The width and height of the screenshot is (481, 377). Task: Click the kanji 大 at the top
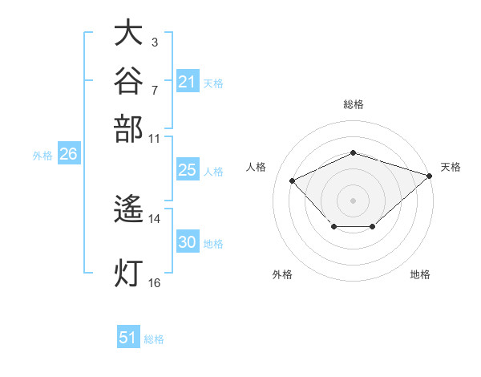click(128, 32)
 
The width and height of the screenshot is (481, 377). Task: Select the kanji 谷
click(128, 80)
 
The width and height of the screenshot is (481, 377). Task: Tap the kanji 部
click(128, 129)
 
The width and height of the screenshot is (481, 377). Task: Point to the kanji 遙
click(128, 209)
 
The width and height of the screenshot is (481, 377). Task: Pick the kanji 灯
click(128, 273)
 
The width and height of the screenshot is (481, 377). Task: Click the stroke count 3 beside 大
click(155, 42)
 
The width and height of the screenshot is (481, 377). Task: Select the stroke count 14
click(154, 219)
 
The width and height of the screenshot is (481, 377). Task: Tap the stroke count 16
click(154, 283)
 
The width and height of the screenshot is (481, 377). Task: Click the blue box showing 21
click(188, 81)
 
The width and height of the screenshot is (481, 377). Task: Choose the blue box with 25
click(188, 169)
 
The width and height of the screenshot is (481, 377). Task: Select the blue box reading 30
click(188, 241)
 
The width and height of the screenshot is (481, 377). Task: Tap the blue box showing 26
click(69, 153)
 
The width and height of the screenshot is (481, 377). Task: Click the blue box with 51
click(128, 336)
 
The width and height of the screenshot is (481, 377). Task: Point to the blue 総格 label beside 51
click(154, 339)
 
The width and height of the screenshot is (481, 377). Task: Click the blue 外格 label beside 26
click(42, 156)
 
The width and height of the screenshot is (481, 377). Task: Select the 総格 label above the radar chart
click(354, 104)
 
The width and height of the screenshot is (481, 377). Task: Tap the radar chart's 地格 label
click(420, 274)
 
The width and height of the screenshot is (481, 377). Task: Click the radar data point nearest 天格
click(430, 176)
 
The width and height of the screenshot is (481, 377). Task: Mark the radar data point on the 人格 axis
click(293, 180)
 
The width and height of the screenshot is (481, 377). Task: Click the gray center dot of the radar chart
click(353, 201)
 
